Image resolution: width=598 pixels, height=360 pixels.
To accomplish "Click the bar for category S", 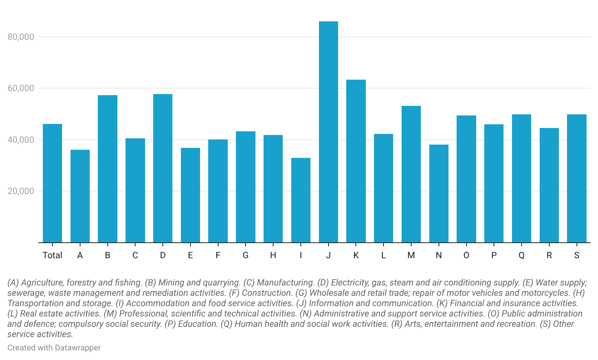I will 577,179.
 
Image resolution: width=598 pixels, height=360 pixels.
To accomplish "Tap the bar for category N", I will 439,194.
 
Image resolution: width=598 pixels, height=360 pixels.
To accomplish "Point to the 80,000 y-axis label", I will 21,37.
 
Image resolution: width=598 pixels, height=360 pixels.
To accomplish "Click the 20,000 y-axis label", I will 21,191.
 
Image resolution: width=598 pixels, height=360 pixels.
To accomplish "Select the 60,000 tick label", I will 21,88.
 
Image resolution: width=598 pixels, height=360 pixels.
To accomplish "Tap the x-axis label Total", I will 52,255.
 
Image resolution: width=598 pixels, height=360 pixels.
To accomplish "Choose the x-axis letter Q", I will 522,255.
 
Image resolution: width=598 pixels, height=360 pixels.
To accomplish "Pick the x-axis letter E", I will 190,255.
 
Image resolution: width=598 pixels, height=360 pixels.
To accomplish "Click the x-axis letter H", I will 273,255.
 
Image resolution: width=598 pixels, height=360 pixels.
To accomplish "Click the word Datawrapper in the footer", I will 78,348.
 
